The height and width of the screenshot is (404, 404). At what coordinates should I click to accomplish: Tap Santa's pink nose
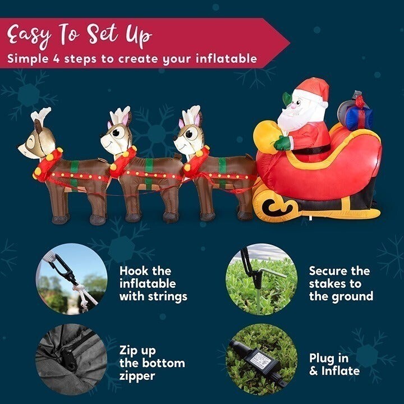click(x=293, y=105)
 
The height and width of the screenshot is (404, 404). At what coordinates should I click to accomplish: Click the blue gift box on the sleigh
click(x=359, y=117)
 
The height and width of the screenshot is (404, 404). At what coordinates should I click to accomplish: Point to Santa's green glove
click(x=283, y=143)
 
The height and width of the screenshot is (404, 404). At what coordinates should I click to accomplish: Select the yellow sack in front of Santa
click(x=266, y=136)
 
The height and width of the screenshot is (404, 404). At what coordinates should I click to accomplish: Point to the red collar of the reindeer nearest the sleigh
click(x=196, y=162)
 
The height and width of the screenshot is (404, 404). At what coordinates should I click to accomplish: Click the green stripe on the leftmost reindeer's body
click(x=74, y=175)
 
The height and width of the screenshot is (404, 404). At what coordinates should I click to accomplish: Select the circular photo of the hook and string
click(x=71, y=279)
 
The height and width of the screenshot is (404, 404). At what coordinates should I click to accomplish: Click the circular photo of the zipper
click(x=71, y=360)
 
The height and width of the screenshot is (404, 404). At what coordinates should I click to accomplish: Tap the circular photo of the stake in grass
click(x=261, y=279)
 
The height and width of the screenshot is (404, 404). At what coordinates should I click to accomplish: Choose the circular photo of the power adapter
click(x=261, y=360)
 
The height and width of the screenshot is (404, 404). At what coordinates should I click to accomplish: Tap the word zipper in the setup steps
click(x=137, y=376)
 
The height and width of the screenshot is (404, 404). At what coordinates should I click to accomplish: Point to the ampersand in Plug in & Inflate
click(x=313, y=371)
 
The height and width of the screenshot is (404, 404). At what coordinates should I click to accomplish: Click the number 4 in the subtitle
click(x=57, y=59)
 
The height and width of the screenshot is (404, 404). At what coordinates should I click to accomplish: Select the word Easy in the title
click(x=29, y=35)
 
